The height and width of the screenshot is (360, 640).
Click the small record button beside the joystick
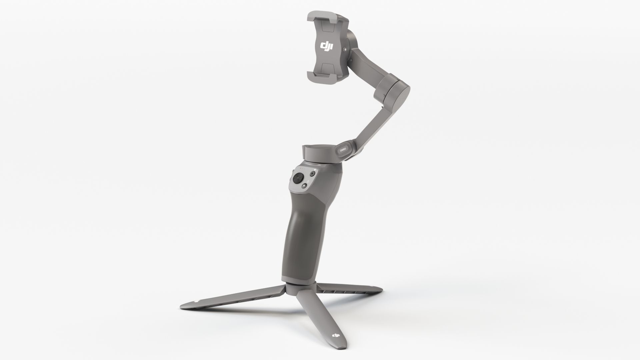click(x=312, y=174)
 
